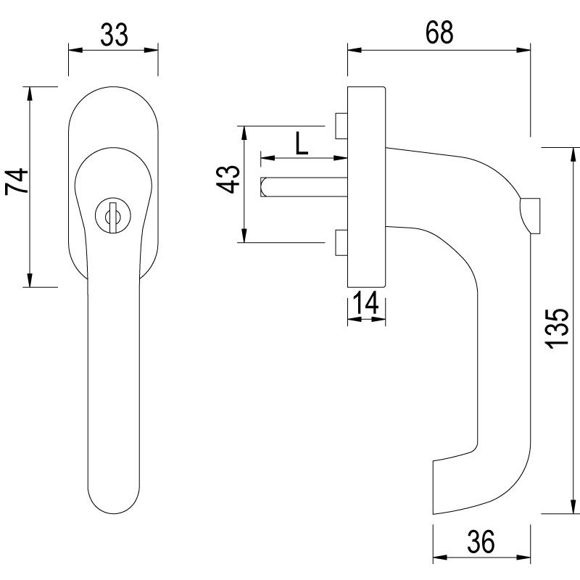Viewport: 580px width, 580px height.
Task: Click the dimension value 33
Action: coord(113,33)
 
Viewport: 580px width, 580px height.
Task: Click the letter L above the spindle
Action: coord(302,144)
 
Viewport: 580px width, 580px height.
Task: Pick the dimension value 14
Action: coord(366,304)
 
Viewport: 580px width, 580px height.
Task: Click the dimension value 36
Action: coord(480,541)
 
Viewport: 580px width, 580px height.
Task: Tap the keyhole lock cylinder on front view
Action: coord(112,216)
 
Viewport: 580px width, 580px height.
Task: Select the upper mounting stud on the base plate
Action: coord(341,125)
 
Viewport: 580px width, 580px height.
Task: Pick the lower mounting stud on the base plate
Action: coord(341,244)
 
